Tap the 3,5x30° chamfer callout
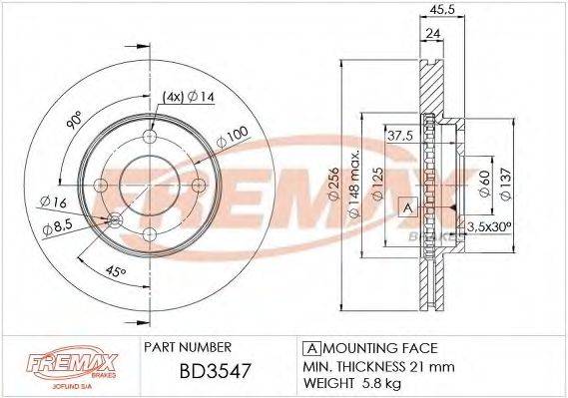(x=488, y=228)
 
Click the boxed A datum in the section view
(x=407, y=207)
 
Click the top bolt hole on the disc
(x=150, y=138)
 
